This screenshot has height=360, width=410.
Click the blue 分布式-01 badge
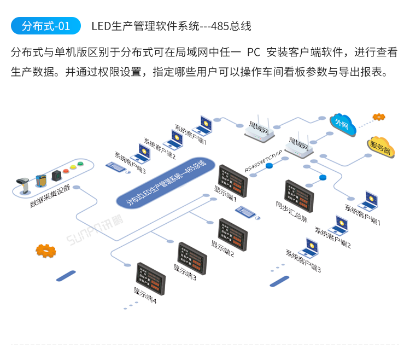45,26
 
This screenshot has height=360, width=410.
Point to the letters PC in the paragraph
253,53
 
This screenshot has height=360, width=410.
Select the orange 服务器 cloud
380,147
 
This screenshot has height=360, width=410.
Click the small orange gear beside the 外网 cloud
378,117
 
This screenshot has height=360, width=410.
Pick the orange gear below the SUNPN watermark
46,251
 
